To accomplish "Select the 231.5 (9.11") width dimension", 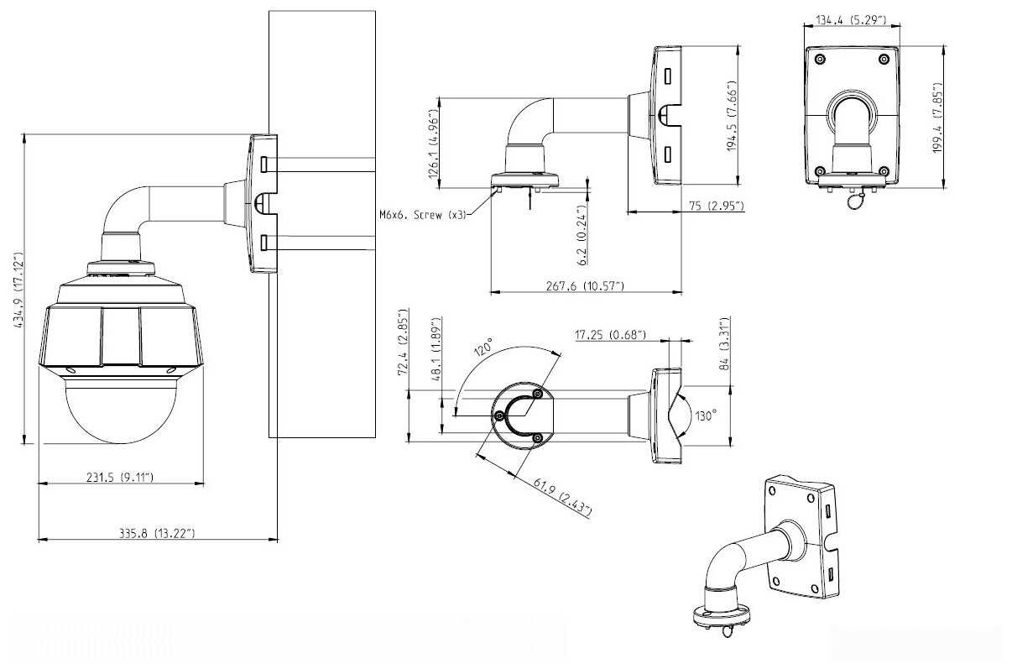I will click(x=121, y=477).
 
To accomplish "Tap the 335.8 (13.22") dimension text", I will click(x=157, y=532).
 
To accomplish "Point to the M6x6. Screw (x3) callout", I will click(x=422, y=213).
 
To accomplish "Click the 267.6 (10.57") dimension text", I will click(x=585, y=286).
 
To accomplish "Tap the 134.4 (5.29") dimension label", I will click(x=853, y=18).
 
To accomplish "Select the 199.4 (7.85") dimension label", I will click(x=938, y=117).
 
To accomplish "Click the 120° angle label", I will click(x=484, y=348).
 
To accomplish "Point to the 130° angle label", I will click(x=707, y=416).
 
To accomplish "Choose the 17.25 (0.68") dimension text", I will click(x=611, y=335).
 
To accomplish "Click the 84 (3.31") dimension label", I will click(x=724, y=344).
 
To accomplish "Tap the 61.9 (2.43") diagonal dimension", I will click(x=562, y=496).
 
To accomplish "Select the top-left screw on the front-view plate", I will click(x=820, y=58).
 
